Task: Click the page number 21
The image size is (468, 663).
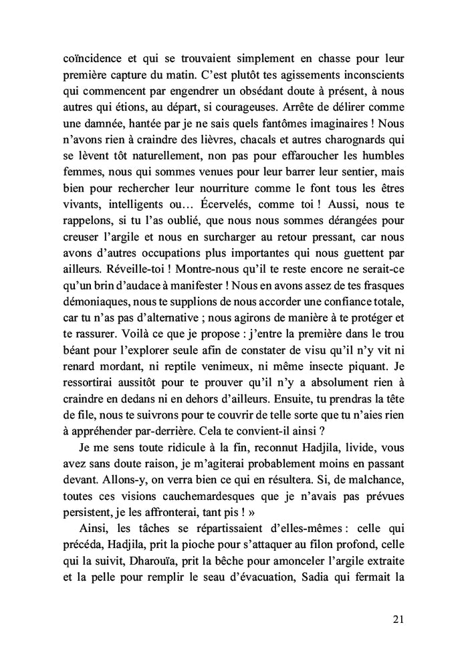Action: tap(397, 620)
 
